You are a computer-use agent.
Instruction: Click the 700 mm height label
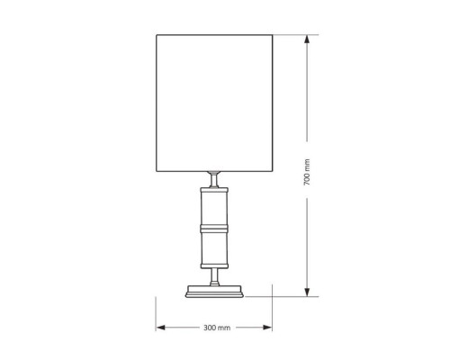(x=307, y=172)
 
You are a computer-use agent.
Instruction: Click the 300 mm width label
(x=217, y=328)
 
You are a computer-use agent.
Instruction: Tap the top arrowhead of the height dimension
(x=307, y=40)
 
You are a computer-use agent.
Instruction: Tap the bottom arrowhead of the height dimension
(x=307, y=292)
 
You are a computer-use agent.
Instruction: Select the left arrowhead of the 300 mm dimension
(x=160, y=328)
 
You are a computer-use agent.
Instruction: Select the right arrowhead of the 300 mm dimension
(x=267, y=328)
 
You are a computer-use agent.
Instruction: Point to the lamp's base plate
(x=214, y=292)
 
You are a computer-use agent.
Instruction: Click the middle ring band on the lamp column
(x=214, y=229)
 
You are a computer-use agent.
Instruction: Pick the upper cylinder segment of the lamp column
(x=214, y=208)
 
